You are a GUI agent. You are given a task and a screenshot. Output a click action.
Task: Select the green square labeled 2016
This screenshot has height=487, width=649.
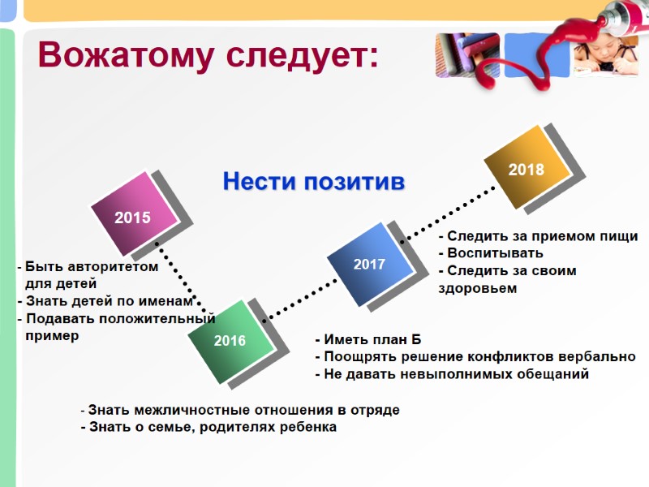[230, 340]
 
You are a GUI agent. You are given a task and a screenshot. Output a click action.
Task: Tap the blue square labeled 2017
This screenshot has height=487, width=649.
[369, 264]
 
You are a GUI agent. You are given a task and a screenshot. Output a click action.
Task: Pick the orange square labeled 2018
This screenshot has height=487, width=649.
[526, 168]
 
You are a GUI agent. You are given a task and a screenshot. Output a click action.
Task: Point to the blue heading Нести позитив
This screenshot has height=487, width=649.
[313, 181]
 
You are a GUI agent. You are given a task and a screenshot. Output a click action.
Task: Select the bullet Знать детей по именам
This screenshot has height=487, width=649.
[109, 301]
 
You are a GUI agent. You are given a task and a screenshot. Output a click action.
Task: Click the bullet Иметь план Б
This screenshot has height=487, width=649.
[368, 339]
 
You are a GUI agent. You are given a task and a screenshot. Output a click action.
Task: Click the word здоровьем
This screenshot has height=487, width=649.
[477, 287]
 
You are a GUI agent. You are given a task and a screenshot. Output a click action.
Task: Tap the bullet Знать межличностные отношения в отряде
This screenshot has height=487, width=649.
[240, 410]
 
